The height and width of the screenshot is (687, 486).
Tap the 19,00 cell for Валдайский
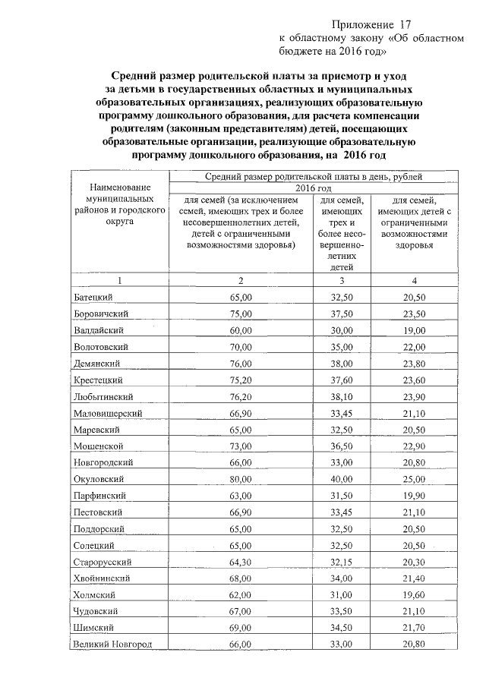pos(414,329)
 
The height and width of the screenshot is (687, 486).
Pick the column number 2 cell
pos(240,280)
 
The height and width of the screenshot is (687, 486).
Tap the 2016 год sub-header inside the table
pos(314,188)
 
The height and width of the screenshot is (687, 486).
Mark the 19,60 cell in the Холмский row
pos(414,594)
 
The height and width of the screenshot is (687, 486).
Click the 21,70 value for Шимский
pos(414,627)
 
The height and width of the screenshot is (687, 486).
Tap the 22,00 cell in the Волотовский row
pos(414,346)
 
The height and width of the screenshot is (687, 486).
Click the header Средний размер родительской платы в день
pos(314,176)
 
